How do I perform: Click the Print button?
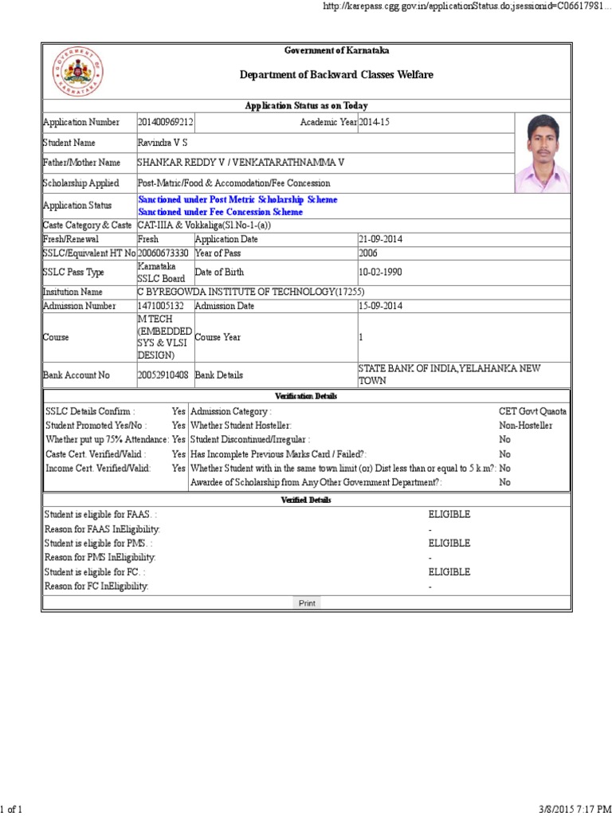click(x=307, y=603)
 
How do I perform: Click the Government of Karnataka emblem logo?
click(x=77, y=72)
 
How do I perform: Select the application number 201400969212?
click(x=166, y=122)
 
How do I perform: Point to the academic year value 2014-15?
click(x=375, y=122)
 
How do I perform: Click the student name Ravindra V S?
click(x=162, y=143)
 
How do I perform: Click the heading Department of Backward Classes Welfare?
click(x=337, y=75)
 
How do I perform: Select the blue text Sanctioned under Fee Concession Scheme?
click(x=220, y=212)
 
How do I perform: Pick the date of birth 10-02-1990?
click(x=381, y=273)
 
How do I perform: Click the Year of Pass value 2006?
click(x=368, y=253)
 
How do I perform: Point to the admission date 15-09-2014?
click(x=381, y=306)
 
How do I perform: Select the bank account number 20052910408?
click(x=163, y=375)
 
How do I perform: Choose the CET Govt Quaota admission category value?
click(x=533, y=412)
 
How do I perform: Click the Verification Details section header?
click(x=306, y=396)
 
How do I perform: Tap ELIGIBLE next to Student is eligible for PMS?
click(x=449, y=543)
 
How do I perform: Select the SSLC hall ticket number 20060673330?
click(x=163, y=253)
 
